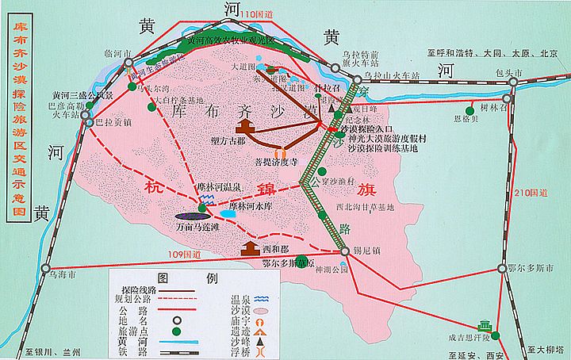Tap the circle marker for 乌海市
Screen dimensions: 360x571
45,267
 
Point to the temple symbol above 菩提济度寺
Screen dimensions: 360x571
280,153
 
